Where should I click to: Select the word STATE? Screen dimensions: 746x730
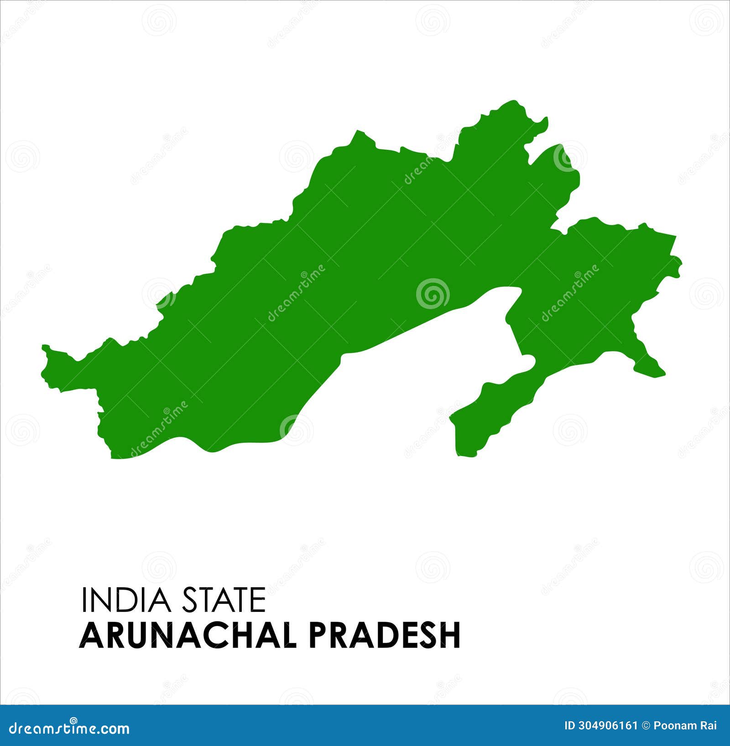point(224,600)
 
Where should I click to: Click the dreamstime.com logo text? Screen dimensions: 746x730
point(69,728)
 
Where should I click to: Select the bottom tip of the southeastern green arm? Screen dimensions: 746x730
point(465,455)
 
